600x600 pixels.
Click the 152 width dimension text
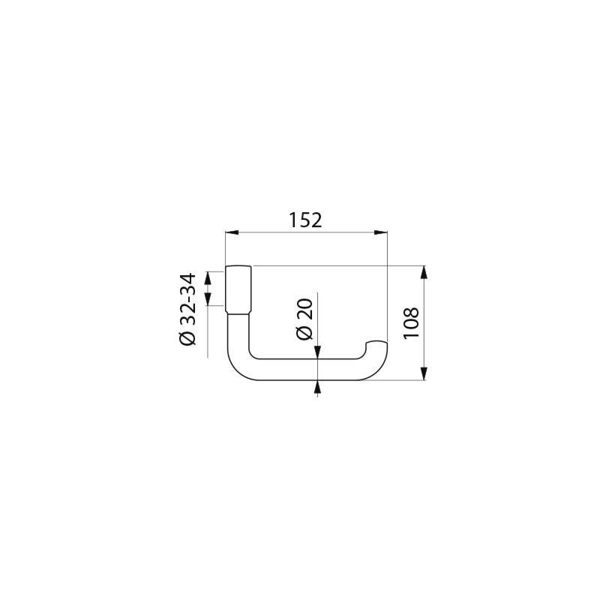305,220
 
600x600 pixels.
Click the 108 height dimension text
411,322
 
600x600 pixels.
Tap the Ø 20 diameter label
304,319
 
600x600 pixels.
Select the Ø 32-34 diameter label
187,309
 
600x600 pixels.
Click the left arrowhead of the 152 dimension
232,232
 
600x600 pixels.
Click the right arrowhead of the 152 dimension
380,232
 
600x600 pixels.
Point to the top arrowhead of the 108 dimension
424,272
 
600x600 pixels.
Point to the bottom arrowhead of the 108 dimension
424,373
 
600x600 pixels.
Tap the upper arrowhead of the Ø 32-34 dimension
208,277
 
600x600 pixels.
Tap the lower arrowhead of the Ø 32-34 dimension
208,298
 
